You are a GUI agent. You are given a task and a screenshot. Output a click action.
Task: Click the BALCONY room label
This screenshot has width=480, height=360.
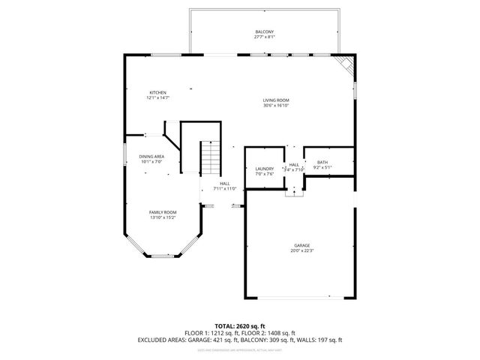(265, 31)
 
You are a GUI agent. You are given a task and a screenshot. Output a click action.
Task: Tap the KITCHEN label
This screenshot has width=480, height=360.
(157, 92)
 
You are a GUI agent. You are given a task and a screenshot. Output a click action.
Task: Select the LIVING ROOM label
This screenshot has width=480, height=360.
(276, 100)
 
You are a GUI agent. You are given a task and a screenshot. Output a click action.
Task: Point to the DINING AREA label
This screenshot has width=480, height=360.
(151, 156)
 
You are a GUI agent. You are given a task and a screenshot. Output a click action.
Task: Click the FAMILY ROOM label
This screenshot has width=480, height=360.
(162, 212)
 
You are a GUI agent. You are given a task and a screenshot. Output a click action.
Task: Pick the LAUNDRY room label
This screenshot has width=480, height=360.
(265, 169)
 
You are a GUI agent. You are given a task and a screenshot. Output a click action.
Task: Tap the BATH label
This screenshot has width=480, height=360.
(322, 162)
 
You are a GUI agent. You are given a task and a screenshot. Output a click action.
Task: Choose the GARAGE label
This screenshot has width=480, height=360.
(302, 245)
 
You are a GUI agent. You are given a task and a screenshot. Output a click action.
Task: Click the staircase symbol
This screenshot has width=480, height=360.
(211, 157)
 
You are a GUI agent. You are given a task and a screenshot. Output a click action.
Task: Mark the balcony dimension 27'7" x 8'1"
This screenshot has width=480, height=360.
(265, 37)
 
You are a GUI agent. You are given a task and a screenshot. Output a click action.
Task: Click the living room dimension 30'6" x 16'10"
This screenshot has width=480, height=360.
(276, 106)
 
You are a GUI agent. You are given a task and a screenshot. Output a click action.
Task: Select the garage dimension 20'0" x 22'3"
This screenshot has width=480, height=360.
(302, 250)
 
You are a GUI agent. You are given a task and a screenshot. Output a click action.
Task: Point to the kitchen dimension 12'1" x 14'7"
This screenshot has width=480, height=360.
(157, 97)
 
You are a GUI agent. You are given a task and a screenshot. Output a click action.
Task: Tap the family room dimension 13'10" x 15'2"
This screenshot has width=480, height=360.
(162, 217)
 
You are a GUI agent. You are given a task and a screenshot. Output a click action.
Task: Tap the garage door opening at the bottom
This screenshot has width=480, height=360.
(301, 298)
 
